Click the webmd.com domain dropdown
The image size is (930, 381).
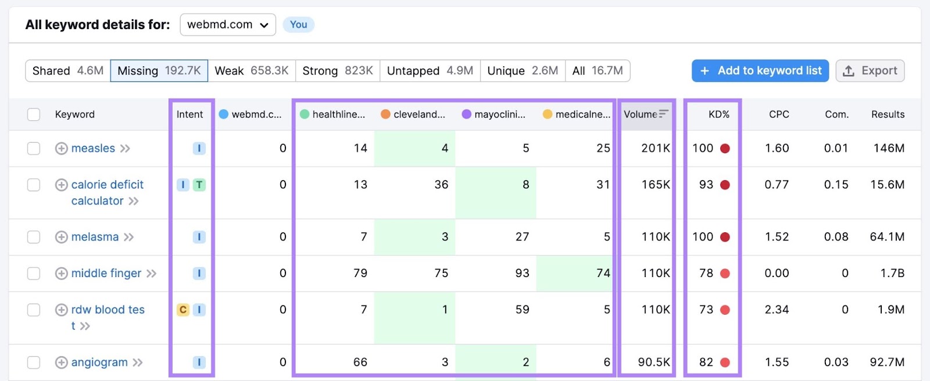pos(227,25)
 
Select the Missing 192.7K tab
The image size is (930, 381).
pos(159,71)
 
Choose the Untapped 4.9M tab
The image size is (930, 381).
pos(430,71)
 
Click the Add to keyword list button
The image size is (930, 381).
pos(760,71)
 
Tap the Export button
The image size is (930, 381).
pos(870,71)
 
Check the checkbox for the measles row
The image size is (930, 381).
pos(34,149)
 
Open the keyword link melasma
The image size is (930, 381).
pos(95,237)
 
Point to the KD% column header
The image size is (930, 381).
pos(718,114)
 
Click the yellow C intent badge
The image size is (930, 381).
pos(183,310)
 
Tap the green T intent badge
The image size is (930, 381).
pos(199,185)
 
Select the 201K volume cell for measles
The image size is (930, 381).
pos(655,149)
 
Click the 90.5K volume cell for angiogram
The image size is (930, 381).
pos(653,362)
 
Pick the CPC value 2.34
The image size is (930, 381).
pos(777,310)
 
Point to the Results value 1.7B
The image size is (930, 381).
pos(890,273)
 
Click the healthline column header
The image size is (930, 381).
pos(332,114)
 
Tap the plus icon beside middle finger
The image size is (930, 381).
pos(61,274)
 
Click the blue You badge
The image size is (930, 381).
pos(298,25)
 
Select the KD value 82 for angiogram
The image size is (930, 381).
pos(706,362)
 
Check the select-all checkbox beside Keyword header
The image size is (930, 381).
pos(34,114)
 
